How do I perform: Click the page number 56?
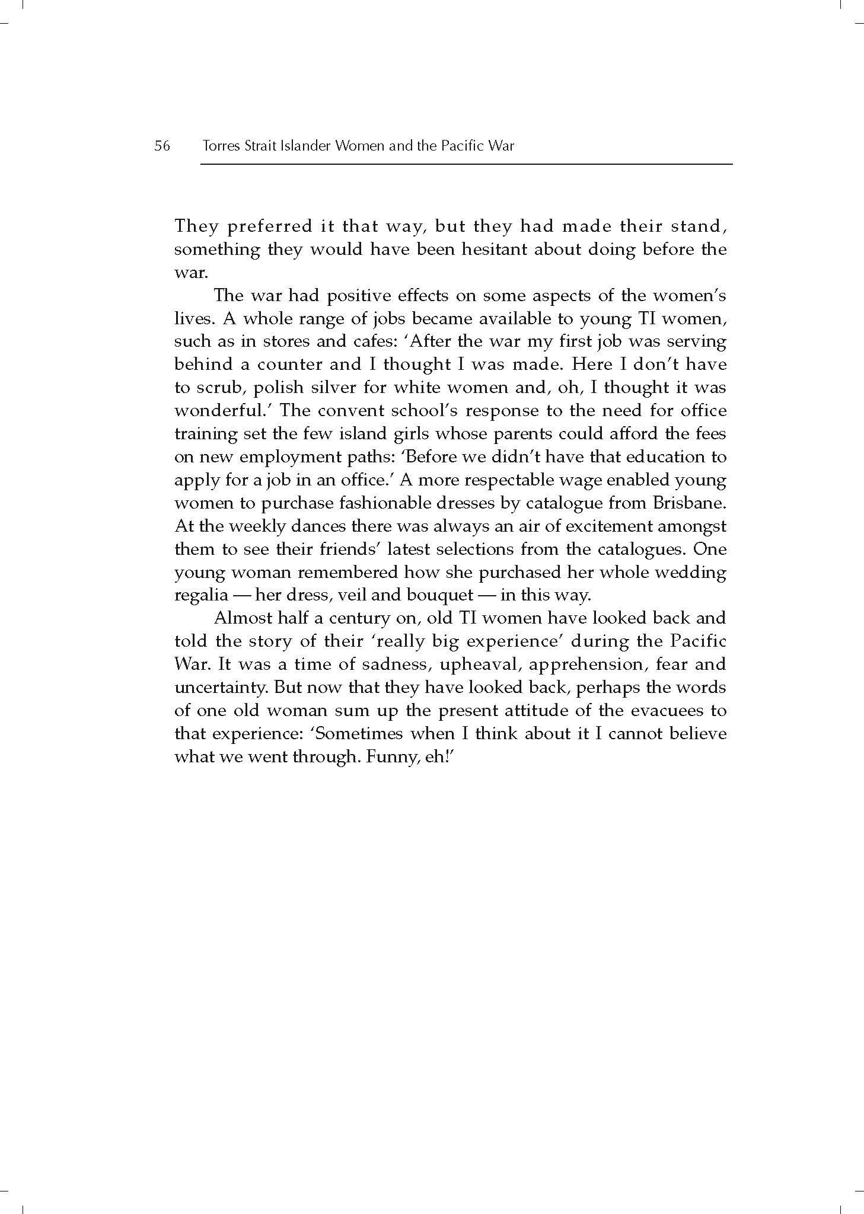[x=162, y=146]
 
